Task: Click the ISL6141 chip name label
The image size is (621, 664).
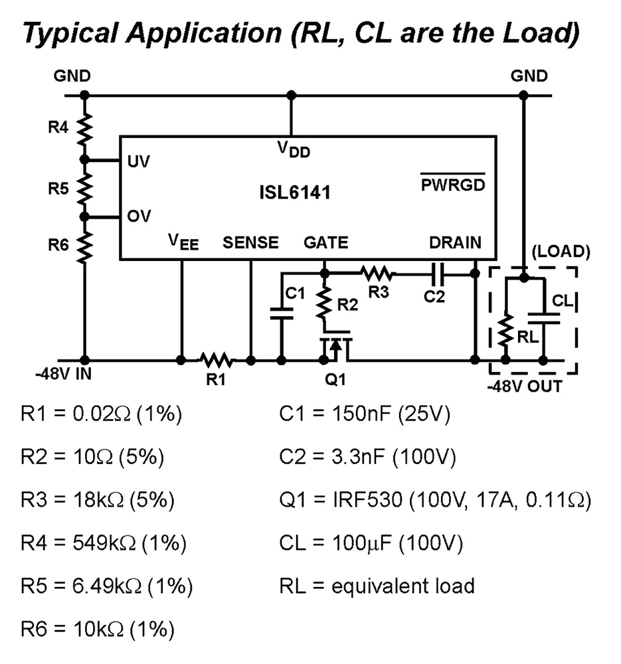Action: point(294,193)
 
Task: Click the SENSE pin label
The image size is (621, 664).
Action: point(250,243)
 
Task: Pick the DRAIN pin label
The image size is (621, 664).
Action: point(455,243)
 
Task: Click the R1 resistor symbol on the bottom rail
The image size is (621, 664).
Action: point(216,361)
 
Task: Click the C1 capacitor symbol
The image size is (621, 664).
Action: point(281,313)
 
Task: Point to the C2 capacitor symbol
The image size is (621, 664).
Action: point(436,273)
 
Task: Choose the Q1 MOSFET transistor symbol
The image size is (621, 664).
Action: point(335,347)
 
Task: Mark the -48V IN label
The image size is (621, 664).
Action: point(63,374)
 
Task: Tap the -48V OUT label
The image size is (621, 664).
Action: point(525,386)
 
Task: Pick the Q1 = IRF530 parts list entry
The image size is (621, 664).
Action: point(435,501)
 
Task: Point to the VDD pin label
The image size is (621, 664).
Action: point(293,150)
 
